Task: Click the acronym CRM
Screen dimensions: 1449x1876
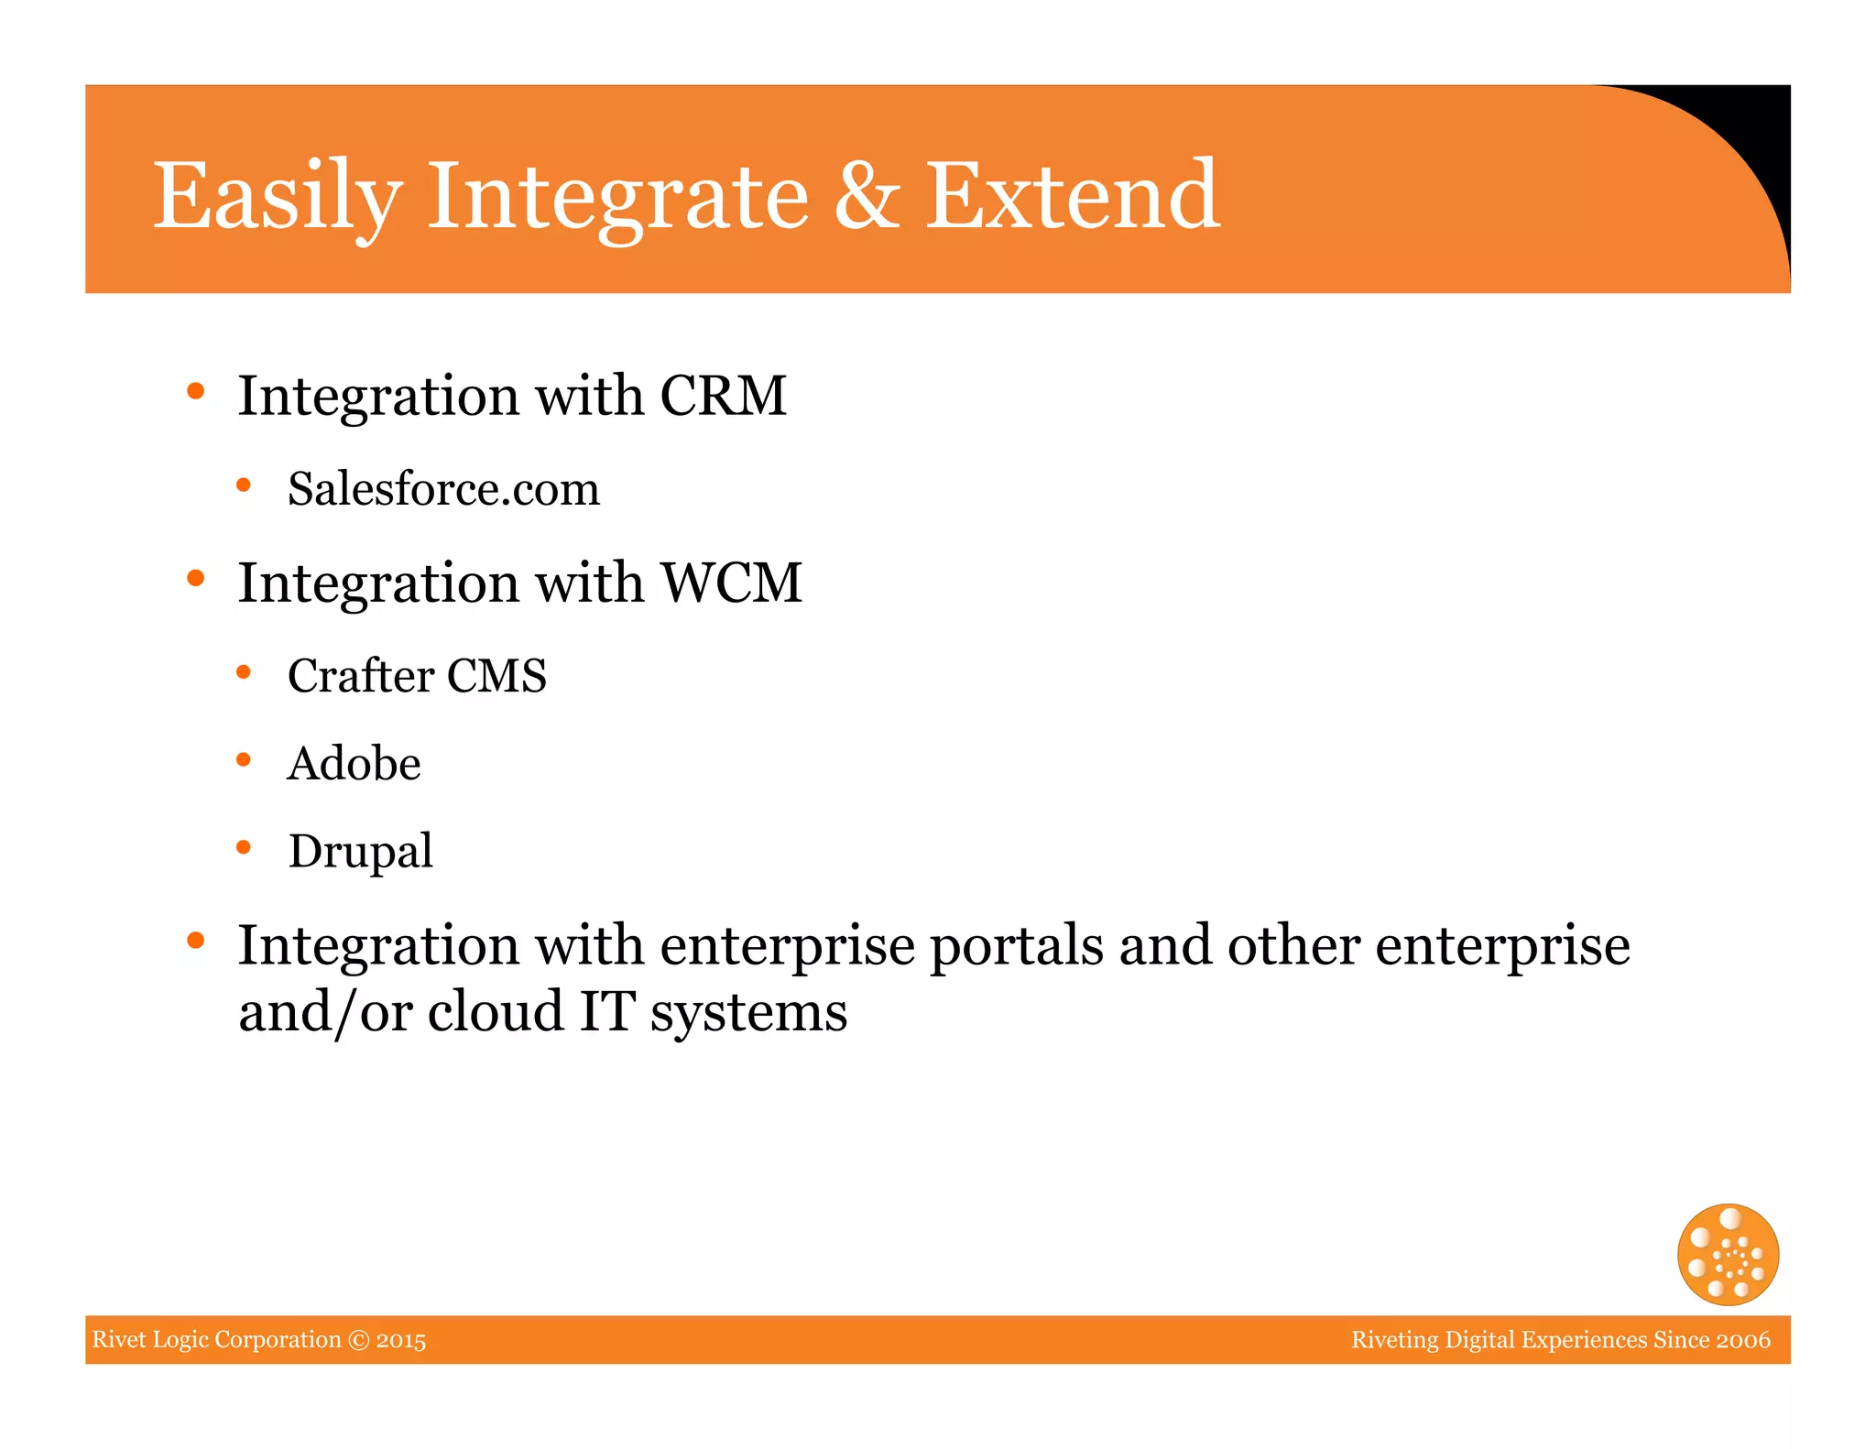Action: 723,396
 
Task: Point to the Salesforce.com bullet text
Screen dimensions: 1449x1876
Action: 443,488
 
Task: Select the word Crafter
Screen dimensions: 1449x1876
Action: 360,676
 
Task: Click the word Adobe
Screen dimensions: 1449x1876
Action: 354,763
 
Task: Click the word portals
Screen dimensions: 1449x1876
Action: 1016,945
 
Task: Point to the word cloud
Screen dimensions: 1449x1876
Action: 495,1011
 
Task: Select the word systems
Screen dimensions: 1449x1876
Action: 748,1013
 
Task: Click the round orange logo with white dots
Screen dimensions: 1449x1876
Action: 1728,1254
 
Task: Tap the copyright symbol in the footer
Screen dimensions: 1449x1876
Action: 359,1340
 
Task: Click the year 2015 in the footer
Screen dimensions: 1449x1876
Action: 401,1340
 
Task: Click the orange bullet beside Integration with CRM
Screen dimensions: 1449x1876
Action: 195,392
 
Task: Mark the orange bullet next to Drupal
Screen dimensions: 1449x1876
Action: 244,847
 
